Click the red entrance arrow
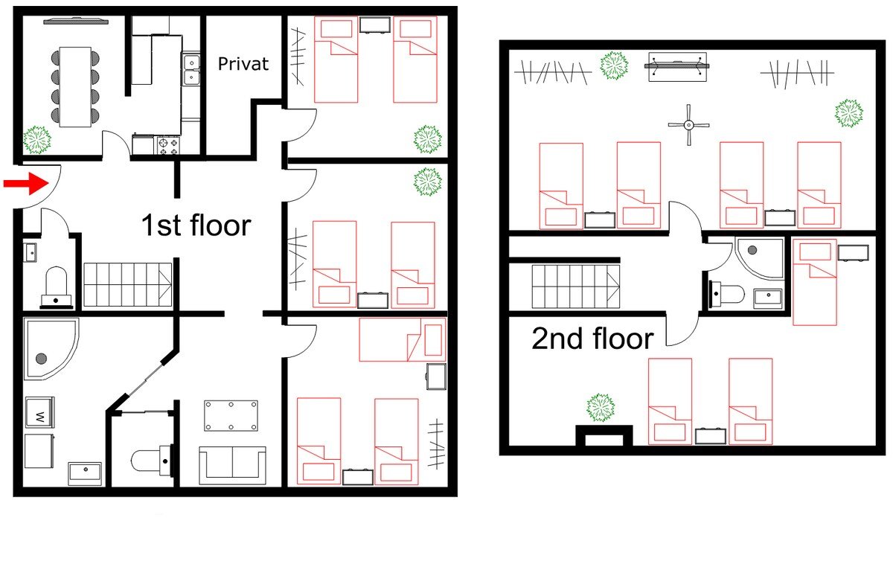(24, 184)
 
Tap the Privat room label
(243, 64)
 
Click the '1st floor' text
(196, 225)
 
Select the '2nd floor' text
(592, 339)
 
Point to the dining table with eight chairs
(75, 86)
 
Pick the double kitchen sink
(191, 68)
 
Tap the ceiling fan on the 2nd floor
(688, 124)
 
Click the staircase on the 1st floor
(127, 285)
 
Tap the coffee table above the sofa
(231, 414)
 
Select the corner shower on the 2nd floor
(760, 258)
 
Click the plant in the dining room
(36, 138)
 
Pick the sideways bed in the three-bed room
(402, 340)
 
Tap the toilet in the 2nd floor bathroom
(726, 295)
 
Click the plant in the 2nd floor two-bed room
(601, 407)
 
